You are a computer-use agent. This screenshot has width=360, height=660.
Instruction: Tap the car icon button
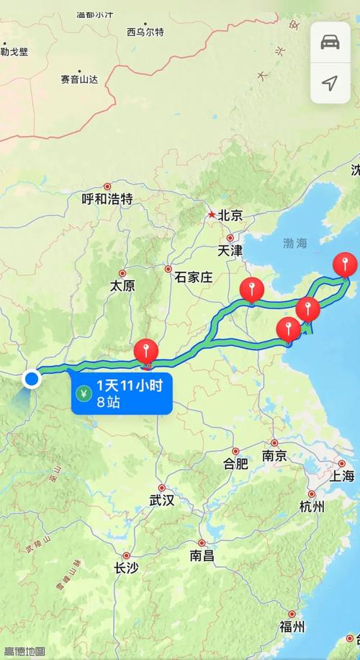coord(330,41)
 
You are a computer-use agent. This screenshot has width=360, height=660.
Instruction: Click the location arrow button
coord(330,83)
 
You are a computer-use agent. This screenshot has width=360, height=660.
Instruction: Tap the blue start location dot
coord(32,378)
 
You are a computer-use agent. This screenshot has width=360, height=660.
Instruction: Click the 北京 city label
coord(230,215)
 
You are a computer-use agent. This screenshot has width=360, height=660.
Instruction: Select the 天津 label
coord(230,251)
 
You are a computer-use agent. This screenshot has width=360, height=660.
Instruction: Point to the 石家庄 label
coord(189,277)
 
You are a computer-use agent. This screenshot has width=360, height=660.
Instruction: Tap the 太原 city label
coord(122,285)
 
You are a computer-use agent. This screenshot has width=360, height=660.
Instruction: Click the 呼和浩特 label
coord(107,200)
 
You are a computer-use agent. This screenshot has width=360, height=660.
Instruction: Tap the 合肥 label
coord(236,463)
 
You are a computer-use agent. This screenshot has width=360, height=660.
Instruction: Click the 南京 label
coord(274,455)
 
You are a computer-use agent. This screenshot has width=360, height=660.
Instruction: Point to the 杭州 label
coord(311,507)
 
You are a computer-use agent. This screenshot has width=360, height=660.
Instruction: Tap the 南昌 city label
coord(202,556)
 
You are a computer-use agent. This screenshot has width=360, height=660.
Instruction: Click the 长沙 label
coord(127,568)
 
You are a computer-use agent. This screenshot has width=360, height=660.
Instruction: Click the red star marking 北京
coord(211,214)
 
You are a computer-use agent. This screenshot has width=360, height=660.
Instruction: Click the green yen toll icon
coord(84,394)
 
